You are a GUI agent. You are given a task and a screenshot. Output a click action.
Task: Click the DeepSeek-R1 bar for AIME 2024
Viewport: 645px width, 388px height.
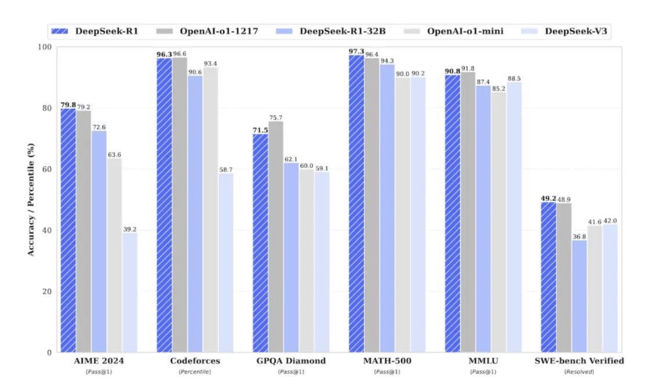coord(68,230)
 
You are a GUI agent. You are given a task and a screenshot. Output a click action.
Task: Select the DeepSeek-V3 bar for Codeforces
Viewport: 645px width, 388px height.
coord(226,262)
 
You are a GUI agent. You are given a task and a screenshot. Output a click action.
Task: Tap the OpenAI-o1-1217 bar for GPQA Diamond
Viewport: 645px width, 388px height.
coord(276,237)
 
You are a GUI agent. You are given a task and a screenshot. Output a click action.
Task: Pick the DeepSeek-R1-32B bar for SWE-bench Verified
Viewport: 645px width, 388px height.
coord(579,296)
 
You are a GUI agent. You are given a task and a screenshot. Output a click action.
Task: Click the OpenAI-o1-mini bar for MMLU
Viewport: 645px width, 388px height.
coord(499,222)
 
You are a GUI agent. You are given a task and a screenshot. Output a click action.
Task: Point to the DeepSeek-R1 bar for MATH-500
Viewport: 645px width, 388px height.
coord(356,204)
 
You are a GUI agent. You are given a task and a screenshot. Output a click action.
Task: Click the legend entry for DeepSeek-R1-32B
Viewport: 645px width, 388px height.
coord(331,31)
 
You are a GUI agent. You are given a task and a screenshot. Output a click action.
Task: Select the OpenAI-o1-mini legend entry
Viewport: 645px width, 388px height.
coord(454,31)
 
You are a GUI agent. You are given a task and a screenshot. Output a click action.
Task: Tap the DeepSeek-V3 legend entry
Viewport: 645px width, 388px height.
coord(564,31)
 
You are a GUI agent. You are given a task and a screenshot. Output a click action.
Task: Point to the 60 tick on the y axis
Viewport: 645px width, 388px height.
coord(47,169)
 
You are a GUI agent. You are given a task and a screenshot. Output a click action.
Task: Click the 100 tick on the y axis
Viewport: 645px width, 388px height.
coord(45,47)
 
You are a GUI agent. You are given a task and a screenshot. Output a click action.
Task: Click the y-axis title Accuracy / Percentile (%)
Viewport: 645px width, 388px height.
coord(31,200)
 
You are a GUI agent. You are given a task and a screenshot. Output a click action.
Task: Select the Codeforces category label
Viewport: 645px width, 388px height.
coord(195,361)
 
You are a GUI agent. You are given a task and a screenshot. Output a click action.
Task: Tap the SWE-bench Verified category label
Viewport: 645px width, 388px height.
coord(579,361)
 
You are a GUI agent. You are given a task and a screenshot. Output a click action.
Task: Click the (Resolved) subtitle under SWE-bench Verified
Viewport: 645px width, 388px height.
coord(579,372)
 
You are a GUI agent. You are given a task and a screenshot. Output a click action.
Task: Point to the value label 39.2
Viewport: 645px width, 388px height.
coord(130,229)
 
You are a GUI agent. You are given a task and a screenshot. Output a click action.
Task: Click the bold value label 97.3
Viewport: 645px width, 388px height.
coord(356,51)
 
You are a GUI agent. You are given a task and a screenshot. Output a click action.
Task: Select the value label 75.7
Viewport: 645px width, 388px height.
coord(276,118)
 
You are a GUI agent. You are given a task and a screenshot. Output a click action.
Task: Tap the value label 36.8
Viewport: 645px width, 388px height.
coord(579,237)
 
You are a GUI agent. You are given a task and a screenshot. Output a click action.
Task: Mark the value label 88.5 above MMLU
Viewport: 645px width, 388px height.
coord(514,78)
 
